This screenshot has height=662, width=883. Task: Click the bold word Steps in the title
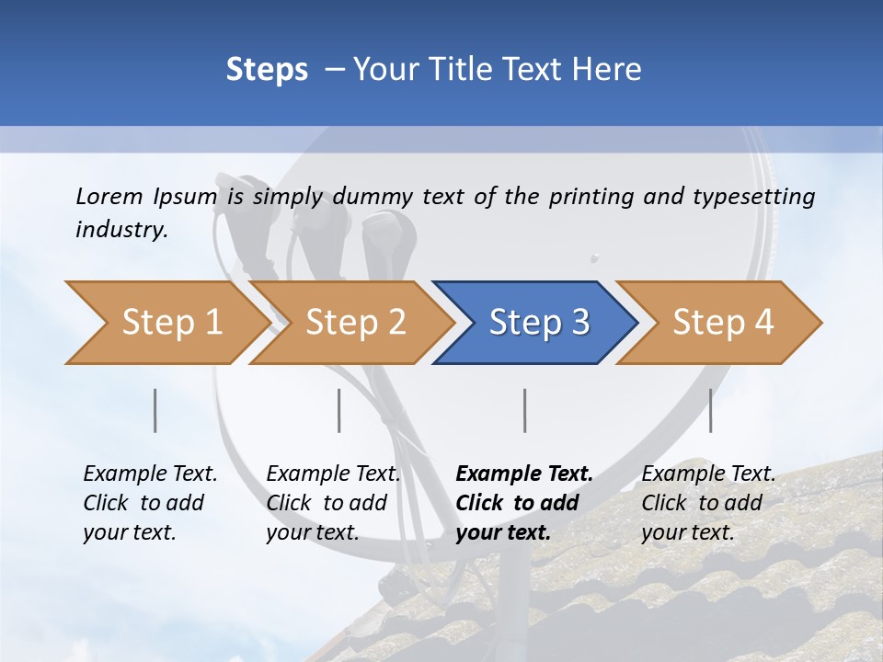267,70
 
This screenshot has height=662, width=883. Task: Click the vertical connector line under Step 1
155,410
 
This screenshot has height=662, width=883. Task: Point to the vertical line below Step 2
339,410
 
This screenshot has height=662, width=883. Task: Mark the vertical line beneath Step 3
525,410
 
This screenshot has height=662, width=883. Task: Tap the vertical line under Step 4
710,410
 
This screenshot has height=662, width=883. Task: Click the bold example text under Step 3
524,503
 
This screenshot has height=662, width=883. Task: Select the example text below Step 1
150,503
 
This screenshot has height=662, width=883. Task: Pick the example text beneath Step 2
333,503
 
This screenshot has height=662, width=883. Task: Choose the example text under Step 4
708,503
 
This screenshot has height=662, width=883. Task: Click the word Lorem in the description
109,196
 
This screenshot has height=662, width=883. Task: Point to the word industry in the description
120,230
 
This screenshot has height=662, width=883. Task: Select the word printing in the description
591,197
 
